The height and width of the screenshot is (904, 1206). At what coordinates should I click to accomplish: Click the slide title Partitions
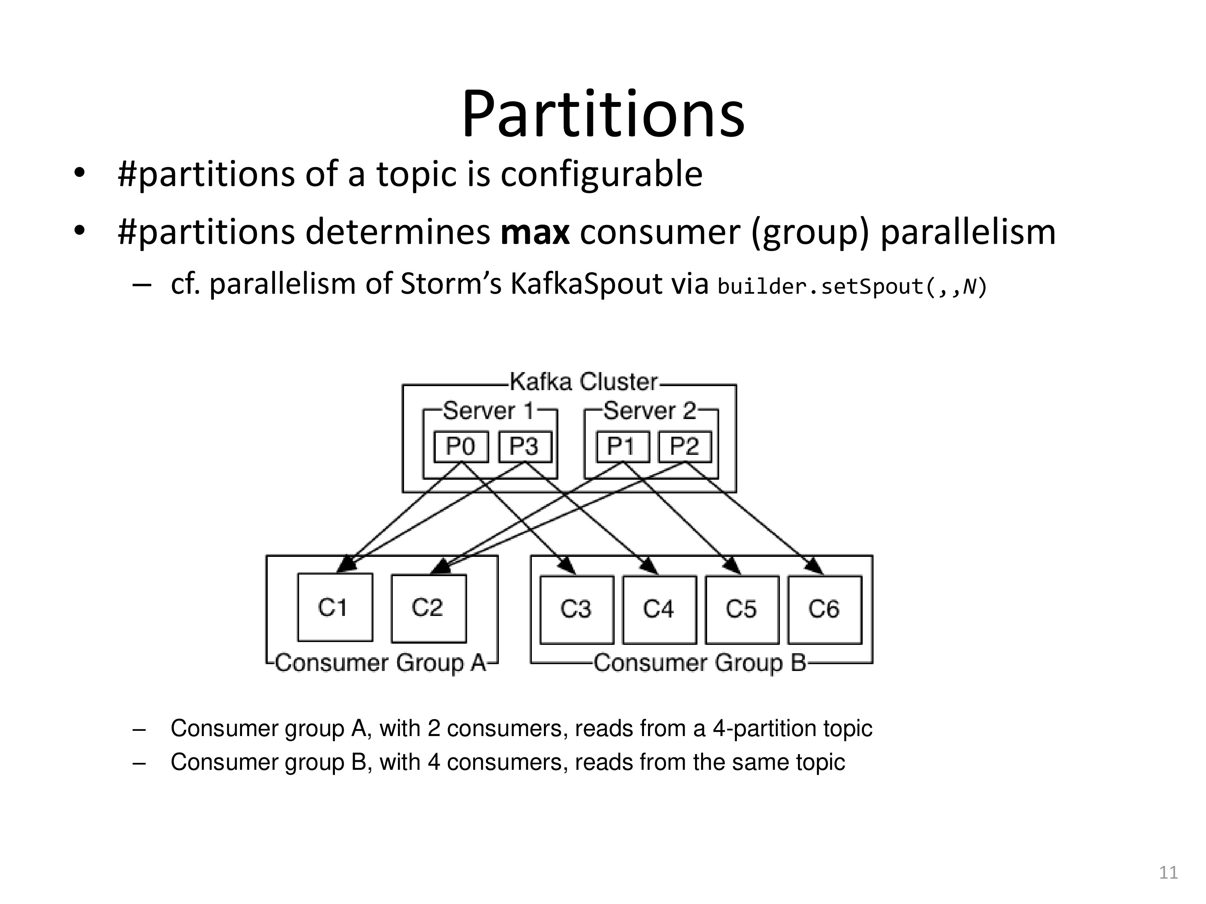603,115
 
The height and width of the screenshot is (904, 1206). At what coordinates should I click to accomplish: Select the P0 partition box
461,447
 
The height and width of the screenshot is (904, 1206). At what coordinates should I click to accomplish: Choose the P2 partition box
685,447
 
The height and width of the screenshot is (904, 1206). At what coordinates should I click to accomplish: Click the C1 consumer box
335,607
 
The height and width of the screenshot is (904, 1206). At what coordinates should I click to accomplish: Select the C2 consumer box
429,607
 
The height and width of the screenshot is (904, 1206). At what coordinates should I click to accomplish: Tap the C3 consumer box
576,609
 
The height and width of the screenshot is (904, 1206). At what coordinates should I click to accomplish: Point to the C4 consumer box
659,609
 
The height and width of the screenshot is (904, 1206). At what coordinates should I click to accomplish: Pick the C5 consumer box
741,609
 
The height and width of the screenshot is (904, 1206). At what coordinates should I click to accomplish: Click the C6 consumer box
825,609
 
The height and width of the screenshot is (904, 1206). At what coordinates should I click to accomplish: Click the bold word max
535,232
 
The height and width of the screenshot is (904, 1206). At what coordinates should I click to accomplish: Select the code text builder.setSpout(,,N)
851,286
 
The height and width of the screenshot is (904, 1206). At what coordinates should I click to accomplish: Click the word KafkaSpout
586,284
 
